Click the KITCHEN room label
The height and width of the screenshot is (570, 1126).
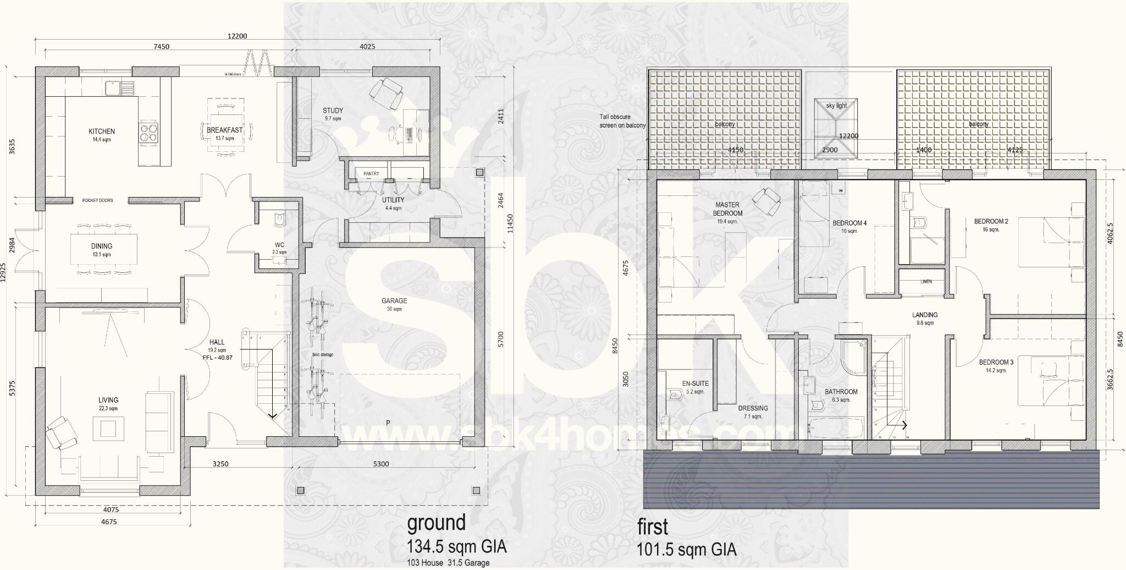[x=102, y=131]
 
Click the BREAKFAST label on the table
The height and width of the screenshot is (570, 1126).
[x=224, y=130]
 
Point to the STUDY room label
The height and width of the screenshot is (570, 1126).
[x=333, y=111]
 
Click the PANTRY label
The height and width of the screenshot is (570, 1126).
[x=371, y=174]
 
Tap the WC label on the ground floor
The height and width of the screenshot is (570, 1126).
[x=279, y=245]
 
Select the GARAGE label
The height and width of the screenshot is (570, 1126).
[x=394, y=301]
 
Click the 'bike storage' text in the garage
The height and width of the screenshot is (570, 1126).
[x=322, y=355]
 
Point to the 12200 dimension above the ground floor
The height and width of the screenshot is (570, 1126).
[x=238, y=36]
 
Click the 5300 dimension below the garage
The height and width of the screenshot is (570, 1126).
[x=380, y=464]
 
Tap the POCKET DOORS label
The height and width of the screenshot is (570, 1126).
[x=97, y=200]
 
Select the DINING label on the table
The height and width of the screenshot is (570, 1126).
[x=102, y=246]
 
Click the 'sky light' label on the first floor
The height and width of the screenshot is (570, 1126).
[x=836, y=106]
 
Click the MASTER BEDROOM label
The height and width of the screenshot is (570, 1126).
[x=727, y=209]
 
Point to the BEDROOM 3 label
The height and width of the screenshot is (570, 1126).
[x=996, y=363]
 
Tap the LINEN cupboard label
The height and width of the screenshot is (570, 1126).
[x=926, y=282]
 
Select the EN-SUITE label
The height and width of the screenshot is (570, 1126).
[x=696, y=383]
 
